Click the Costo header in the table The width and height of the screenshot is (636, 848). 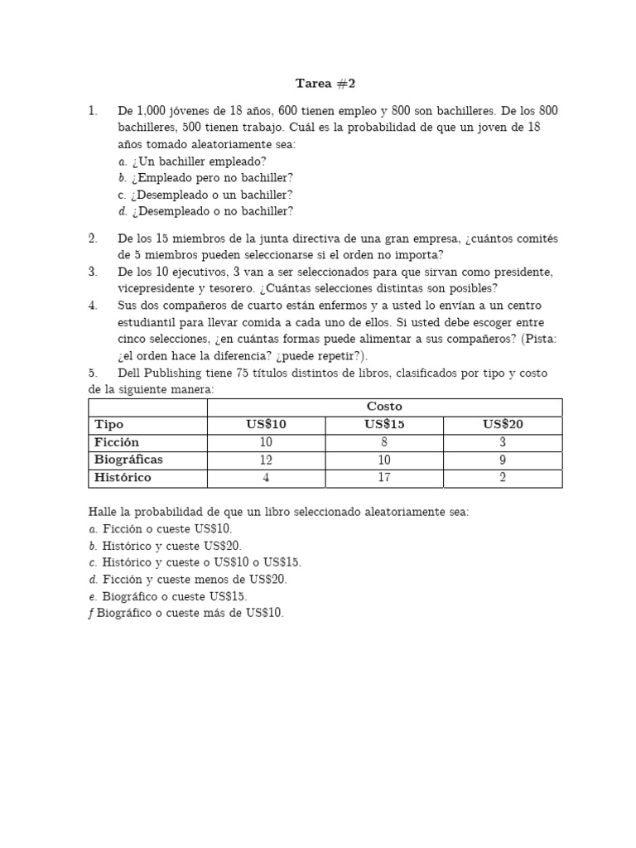pos(384,407)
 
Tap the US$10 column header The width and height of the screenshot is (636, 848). pos(266,425)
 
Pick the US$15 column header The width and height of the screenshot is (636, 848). pos(384,425)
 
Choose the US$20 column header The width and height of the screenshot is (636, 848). pos(503,425)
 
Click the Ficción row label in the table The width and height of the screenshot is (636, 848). pos(117,442)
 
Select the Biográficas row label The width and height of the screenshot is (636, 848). pos(128,460)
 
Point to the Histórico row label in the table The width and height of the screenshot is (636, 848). pos(123,478)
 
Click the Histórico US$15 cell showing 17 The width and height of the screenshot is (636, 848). pos(384,478)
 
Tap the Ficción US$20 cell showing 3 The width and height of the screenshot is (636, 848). pos(503,442)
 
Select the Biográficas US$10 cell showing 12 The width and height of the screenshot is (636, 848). pos(266,460)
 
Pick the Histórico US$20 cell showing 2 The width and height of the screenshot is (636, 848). pos(503,478)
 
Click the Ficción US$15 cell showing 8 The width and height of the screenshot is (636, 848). pos(384,442)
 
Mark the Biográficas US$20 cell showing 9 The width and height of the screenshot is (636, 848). pos(503,460)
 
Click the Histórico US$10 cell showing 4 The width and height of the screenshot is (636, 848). pos(266,478)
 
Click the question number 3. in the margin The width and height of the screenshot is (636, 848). pos(94,272)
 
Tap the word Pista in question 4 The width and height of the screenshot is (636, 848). pos(519,339)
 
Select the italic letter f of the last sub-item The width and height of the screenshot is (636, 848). pos(91,614)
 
